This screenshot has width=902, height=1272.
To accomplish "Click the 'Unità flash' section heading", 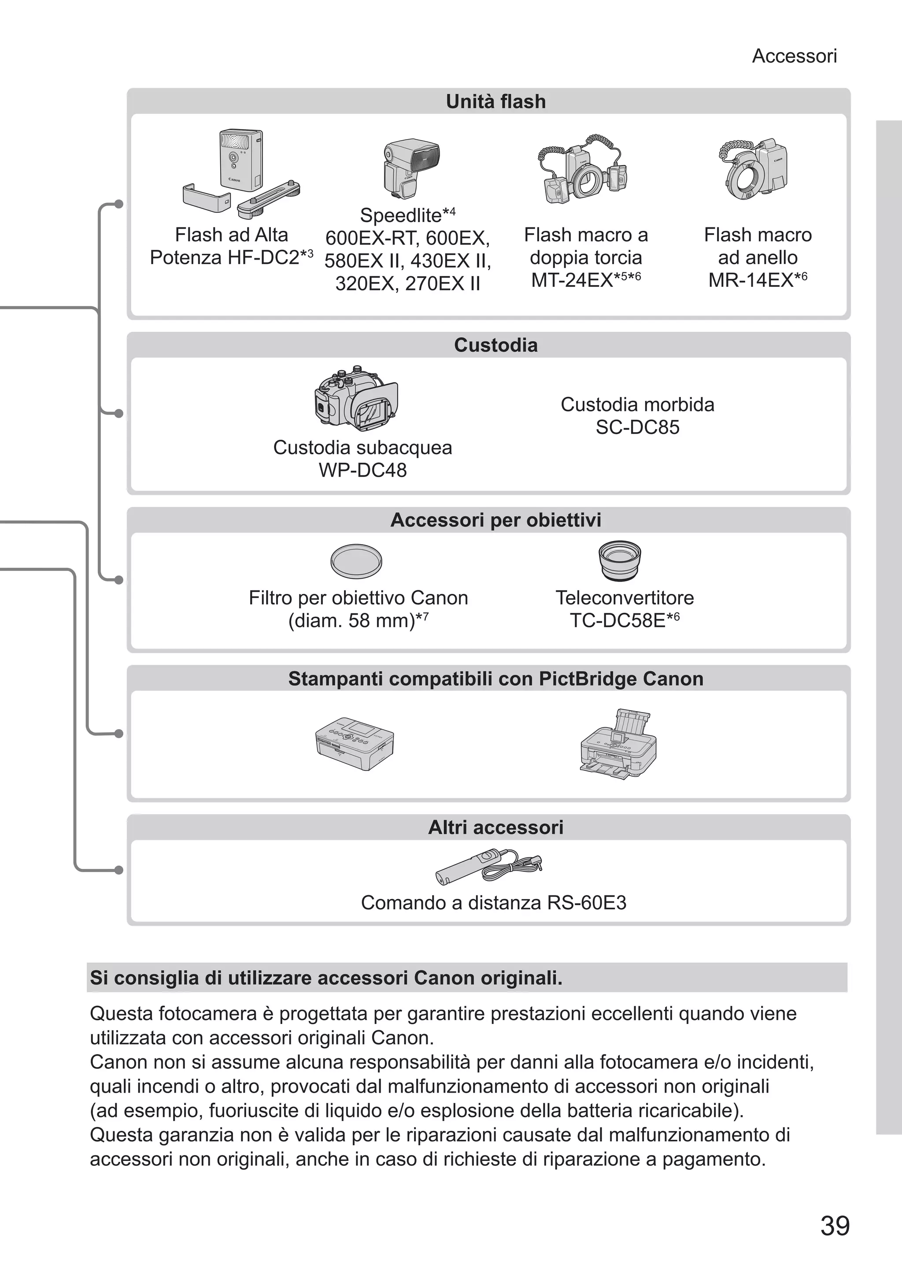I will click(x=495, y=102).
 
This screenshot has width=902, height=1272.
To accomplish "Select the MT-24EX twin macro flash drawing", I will click(x=585, y=170).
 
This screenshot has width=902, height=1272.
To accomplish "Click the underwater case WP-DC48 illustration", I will click(x=355, y=399).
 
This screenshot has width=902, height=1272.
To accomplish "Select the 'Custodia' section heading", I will click(x=495, y=345).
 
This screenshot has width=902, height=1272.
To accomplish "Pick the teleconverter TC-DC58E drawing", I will click(x=621, y=560).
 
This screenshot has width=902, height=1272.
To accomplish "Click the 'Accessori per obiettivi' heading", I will click(x=495, y=520).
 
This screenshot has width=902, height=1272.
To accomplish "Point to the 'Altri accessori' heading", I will click(x=495, y=827).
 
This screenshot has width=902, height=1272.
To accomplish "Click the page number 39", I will click(x=834, y=1226).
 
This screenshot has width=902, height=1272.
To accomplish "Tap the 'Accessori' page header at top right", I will click(x=794, y=56).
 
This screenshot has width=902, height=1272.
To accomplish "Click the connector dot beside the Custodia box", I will click(x=118, y=413).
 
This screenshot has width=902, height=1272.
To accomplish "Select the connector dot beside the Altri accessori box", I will click(x=118, y=870).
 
